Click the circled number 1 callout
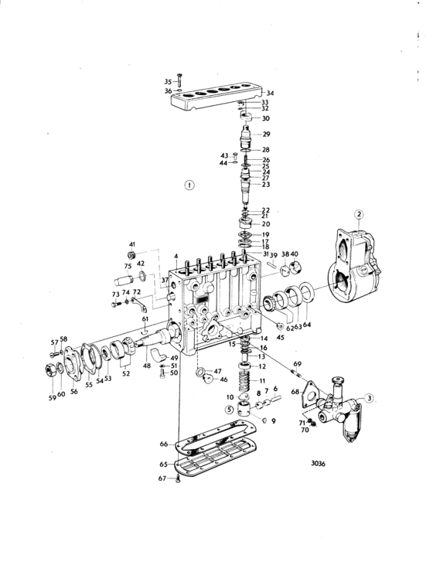(x=189, y=185)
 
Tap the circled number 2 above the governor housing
(x=358, y=215)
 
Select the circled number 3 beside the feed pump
(x=369, y=398)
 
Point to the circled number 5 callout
(x=230, y=410)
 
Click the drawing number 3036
(x=318, y=464)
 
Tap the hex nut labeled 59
(x=50, y=370)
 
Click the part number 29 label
(x=266, y=134)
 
